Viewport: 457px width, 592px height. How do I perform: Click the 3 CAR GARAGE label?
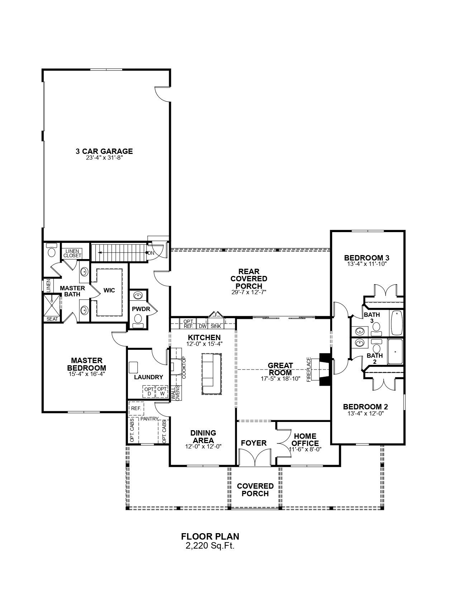click(104, 151)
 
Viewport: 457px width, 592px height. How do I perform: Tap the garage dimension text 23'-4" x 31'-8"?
click(105, 158)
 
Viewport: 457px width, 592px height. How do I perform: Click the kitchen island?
click(211, 374)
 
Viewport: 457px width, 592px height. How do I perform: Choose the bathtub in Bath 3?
click(397, 323)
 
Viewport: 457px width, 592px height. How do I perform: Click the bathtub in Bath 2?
click(395, 352)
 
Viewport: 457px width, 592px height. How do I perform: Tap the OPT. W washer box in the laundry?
click(162, 391)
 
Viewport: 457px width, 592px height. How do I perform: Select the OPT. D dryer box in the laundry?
click(149, 391)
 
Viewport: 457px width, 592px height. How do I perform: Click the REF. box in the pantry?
click(136, 408)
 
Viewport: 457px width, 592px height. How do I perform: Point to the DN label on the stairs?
click(151, 253)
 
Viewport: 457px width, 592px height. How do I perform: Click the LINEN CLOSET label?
click(72, 254)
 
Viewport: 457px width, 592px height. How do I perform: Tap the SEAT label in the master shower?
click(52, 319)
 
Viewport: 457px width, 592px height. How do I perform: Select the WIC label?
click(109, 290)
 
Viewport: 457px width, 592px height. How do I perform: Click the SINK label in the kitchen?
click(216, 326)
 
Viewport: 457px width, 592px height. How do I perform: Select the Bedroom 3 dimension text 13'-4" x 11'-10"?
click(367, 264)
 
